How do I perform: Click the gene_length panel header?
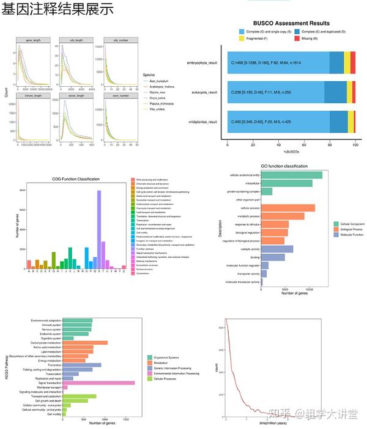point(33,40)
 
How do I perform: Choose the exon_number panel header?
point(120,96)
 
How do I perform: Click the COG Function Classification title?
point(76,179)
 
